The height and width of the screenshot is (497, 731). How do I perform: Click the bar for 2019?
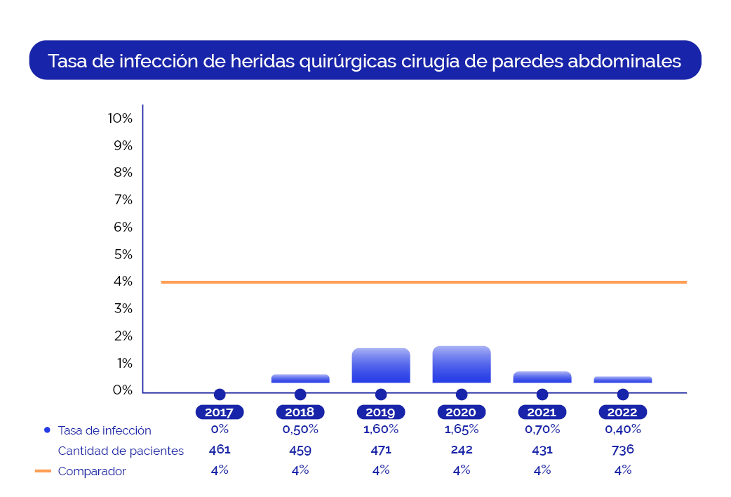pyautogui.click(x=381, y=366)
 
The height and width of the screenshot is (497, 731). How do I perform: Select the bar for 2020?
pyautogui.click(x=462, y=364)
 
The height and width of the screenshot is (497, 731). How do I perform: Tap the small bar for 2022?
pyautogui.click(x=623, y=380)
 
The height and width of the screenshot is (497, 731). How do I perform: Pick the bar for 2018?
pyautogui.click(x=300, y=378)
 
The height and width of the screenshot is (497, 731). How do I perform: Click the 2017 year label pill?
pyautogui.click(x=220, y=412)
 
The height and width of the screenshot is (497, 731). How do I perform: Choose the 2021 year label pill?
pyautogui.click(x=542, y=412)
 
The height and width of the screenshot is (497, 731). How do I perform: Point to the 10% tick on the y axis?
pyautogui.click(x=120, y=119)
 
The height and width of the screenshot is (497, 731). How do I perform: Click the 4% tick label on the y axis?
pyautogui.click(x=122, y=281)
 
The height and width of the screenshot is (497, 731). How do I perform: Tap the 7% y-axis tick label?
pyautogui.click(x=122, y=200)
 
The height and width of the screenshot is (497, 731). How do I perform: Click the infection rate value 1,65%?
pyautogui.click(x=462, y=429)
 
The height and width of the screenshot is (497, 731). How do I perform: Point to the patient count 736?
pyautogui.click(x=623, y=449)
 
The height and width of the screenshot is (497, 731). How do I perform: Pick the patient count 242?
pyautogui.click(x=462, y=450)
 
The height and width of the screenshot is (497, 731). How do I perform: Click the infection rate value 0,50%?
pyautogui.click(x=300, y=429)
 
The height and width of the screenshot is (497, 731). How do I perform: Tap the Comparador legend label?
pyautogui.click(x=92, y=472)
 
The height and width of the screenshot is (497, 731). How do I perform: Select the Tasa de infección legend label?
pyautogui.click(x=105, y=430)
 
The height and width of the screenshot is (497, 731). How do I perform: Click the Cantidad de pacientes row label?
pyautogui.click(x=121, y=451)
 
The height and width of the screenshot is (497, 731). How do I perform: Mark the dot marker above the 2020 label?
pyautogui.click(x=462, y=395)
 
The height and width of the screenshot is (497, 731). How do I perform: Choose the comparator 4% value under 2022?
pyautogui.click(x=623, y=470)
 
